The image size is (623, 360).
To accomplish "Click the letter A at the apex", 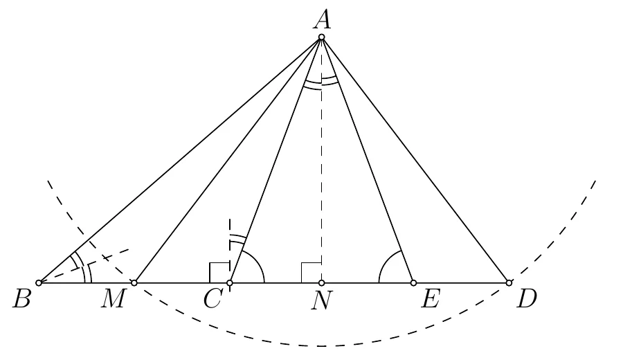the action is (322, 20).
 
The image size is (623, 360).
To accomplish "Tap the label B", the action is (22, 299).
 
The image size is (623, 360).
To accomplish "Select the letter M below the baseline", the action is (114, 299).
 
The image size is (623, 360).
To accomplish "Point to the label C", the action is (213, 299).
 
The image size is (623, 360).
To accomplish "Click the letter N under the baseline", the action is (321, 300).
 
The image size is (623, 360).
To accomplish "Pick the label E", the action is (431, 299).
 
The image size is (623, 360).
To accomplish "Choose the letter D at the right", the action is (527, 299).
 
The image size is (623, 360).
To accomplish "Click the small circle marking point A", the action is (321, 37).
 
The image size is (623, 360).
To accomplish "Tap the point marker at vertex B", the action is (39, 283).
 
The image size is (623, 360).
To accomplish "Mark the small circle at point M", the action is (134, 283).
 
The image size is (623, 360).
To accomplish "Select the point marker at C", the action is (230, 283).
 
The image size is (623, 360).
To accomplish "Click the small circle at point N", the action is (321, 283).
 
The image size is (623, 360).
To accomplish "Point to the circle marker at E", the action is (414, 283).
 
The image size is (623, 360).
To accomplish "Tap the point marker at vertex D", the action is (509, 283).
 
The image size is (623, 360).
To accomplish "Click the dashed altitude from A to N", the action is (321, 160).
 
